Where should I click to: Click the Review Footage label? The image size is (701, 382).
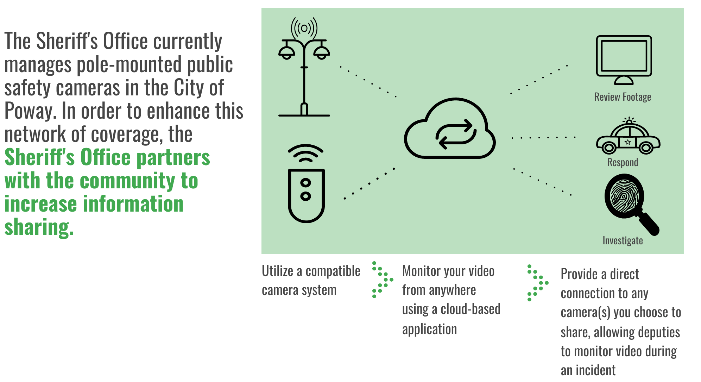623,97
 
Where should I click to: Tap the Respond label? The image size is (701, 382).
623,162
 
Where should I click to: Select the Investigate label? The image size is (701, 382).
623,240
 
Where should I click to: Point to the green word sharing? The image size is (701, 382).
39,227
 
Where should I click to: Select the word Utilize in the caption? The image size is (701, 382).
277,271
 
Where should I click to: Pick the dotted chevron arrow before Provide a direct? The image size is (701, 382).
538,283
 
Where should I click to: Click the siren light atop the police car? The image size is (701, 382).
629,121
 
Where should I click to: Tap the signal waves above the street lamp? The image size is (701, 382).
304,28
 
